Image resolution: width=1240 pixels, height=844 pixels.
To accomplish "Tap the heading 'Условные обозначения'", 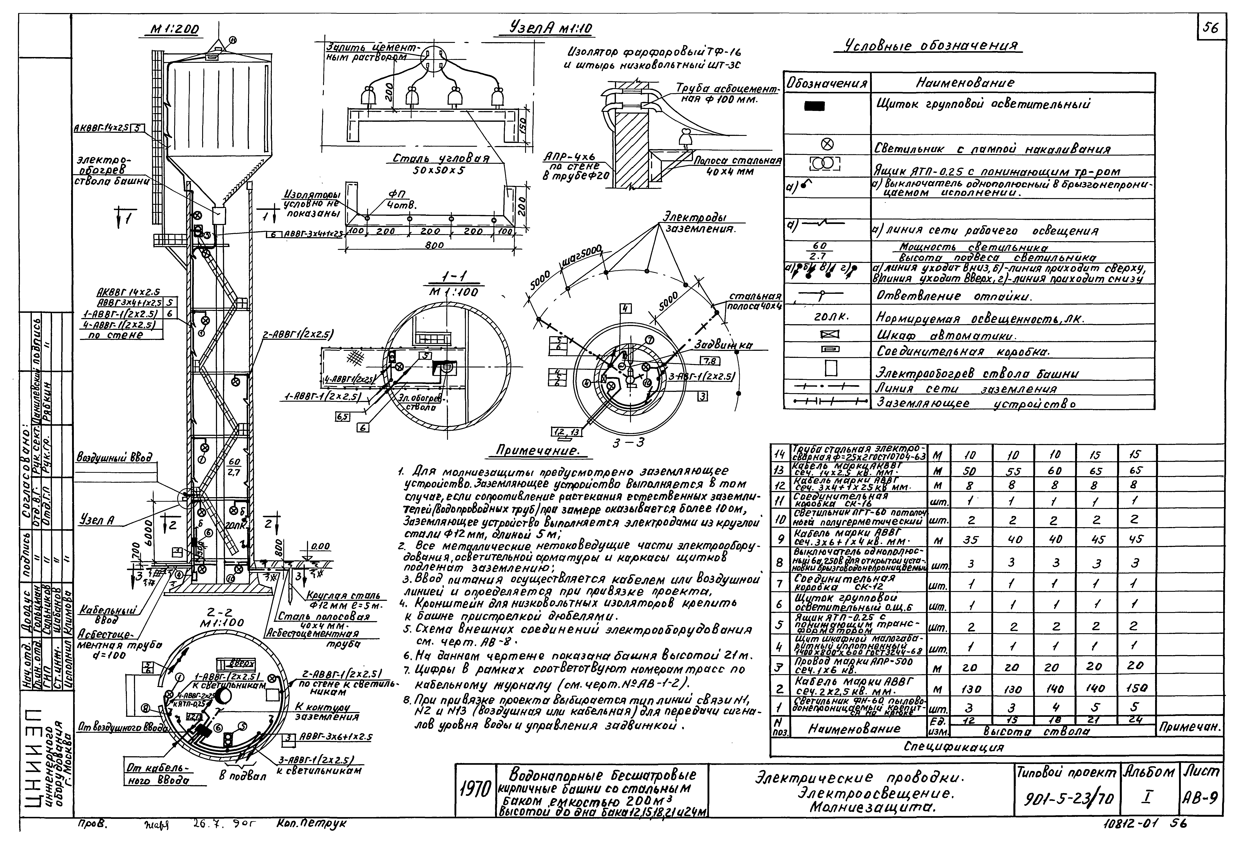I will pyautogui.click(x=928, y=46).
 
